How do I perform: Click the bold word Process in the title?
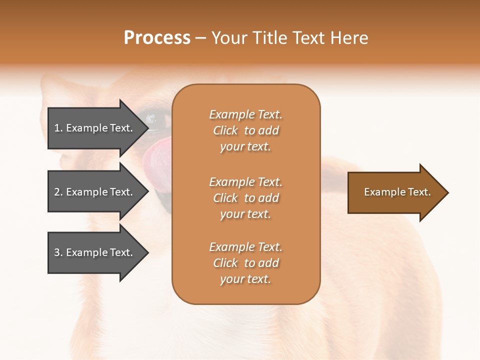[x=157, y=38]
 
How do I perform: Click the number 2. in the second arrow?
[x=58, y=192]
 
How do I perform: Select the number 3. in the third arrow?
[x=58, y=252]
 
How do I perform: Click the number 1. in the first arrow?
[x=58, y=128]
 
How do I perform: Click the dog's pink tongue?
[x=156, y=152]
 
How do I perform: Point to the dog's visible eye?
[x=150, y=118]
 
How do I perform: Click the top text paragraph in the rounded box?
[x=245, y=130]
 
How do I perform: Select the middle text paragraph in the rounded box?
[x=245, y=198]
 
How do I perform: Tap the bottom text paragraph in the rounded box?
[x=245, y=263]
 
